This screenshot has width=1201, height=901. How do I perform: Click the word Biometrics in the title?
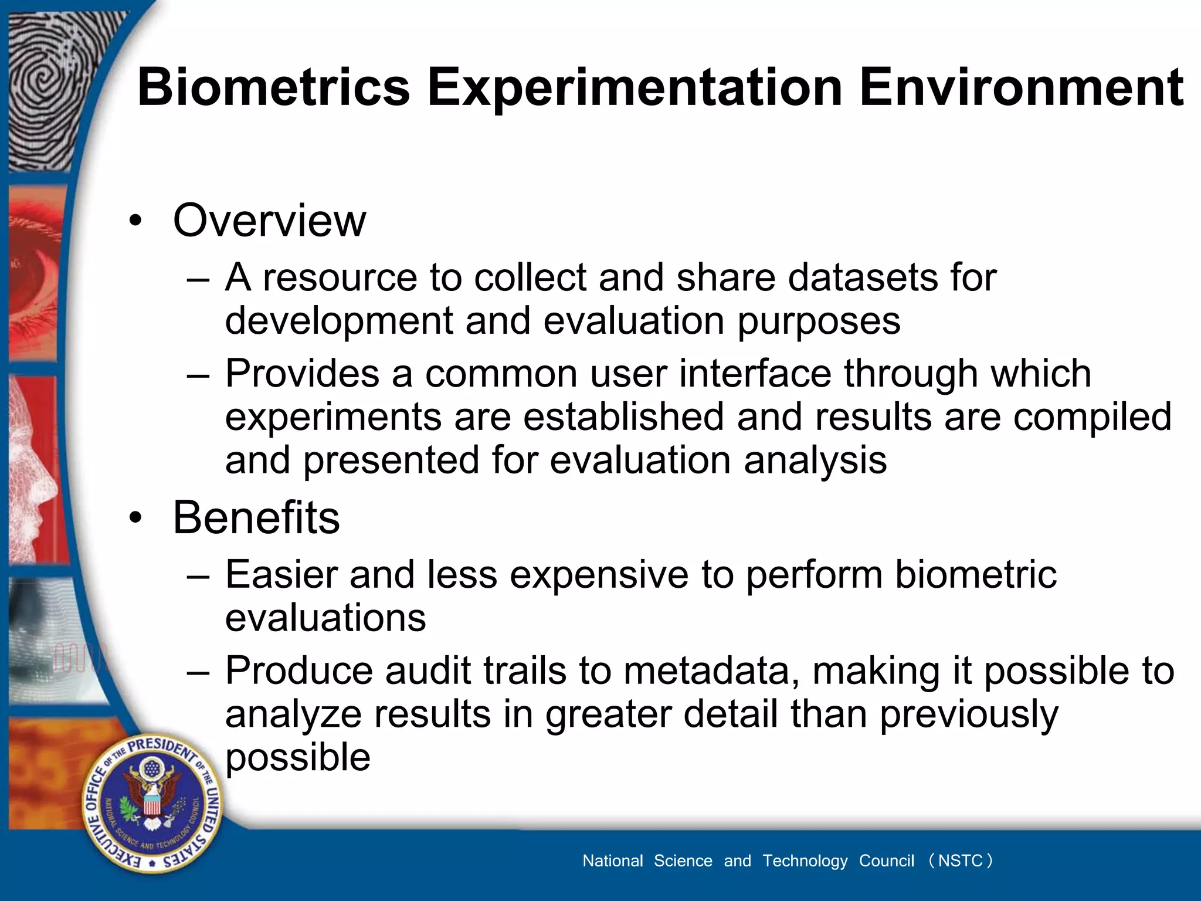(x=273, y=87)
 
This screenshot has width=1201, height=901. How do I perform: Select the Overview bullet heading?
(x=269, y=221)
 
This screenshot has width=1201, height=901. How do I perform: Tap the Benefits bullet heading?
(x=256, y=518)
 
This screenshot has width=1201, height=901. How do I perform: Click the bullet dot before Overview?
(x=136, y=222)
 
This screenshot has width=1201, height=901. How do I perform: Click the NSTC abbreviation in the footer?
(x=960, y=861)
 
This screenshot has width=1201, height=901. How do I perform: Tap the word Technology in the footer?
(x=805, y=861)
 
